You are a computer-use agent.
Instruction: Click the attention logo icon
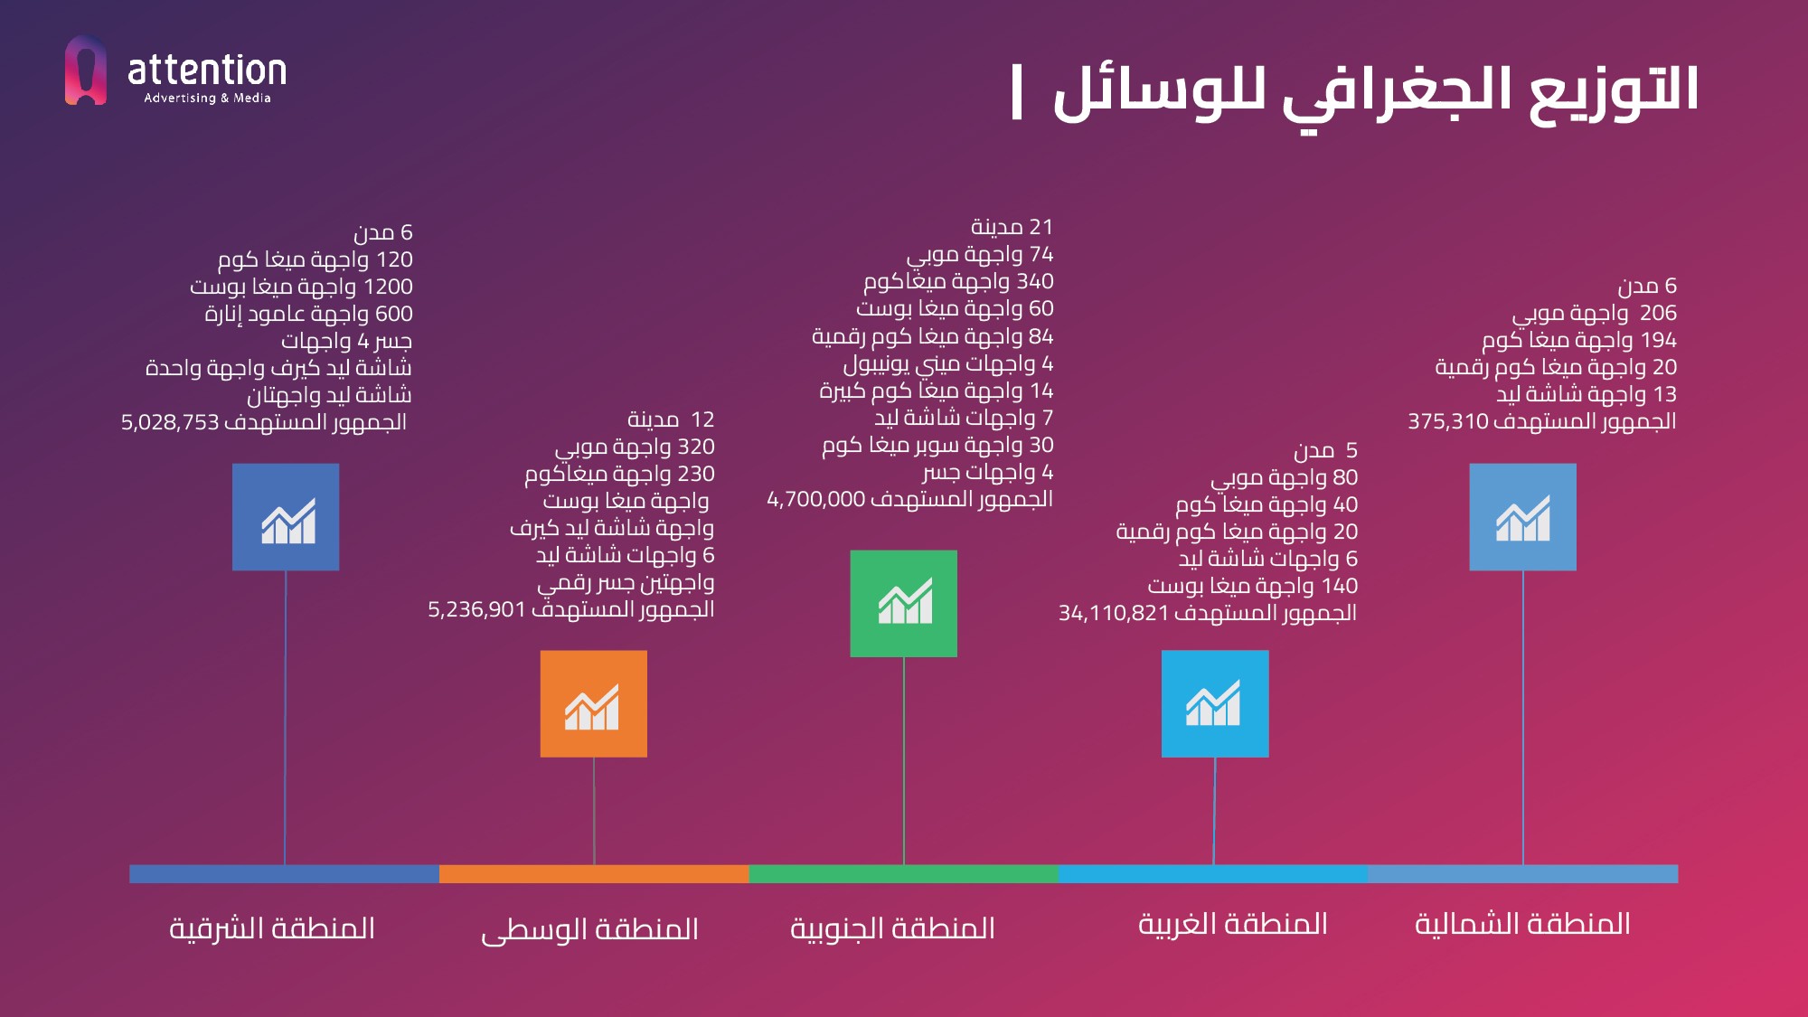(86, 71)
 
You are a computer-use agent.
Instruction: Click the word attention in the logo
(207, 71)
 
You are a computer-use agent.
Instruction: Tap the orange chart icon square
(593, 703)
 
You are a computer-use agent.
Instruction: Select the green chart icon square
(903, 603)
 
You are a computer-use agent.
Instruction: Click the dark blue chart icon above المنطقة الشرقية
(286, 517)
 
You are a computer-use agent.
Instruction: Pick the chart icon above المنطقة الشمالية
(1522, 517)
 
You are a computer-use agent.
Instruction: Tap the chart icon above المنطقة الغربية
(1214, 703)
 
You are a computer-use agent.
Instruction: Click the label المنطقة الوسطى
(589, 929)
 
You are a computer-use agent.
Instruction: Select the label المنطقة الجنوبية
(892, 928)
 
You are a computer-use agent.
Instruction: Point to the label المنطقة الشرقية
(272, 928)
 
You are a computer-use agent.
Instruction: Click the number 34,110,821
(1114, 613)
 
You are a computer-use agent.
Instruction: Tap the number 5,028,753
(171, 422)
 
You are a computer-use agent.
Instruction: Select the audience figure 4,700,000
(816, 499)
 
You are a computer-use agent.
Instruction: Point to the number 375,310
(1447, 421)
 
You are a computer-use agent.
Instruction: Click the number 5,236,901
(476, 609)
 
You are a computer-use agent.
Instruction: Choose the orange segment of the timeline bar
(594, 873)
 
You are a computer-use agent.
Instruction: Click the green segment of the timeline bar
(903, 873)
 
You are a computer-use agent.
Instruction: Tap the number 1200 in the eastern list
(388, 287)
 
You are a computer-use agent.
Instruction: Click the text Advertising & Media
(207, 98)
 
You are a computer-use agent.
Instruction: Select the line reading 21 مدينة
(1012, 227)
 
